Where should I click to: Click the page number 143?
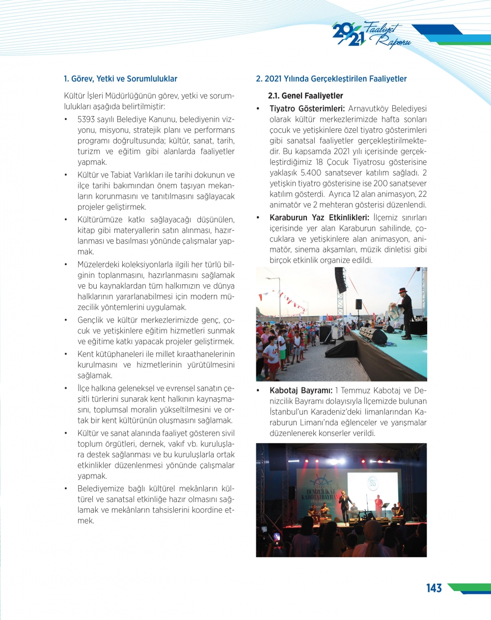(x=434, y=588)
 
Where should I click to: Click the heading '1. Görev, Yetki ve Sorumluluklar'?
(x=120, y=79)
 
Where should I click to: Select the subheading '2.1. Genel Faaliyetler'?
(x=305, y=96)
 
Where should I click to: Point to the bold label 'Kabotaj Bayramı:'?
(x=301, y=391)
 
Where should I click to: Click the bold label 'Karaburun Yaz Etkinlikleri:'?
(x=319, y=218)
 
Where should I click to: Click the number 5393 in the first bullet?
(x=86, y=119)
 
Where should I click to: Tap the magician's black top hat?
(x=403, y=291)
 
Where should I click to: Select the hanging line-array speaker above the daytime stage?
(x=340, y=280)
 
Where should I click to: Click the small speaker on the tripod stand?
(x=359, y=304)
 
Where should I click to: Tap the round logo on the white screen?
(x=373, y=484)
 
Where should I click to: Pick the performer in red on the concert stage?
(x=378, y=506)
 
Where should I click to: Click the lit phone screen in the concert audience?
(x=276, y=536)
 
